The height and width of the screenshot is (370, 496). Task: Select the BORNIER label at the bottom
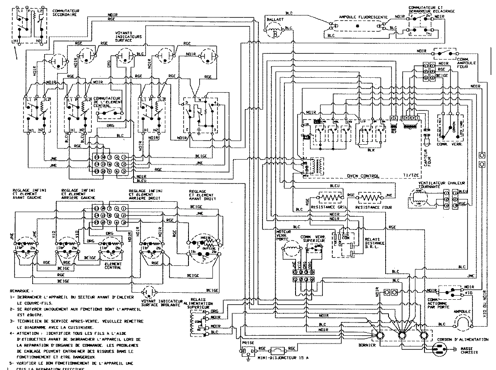367,344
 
